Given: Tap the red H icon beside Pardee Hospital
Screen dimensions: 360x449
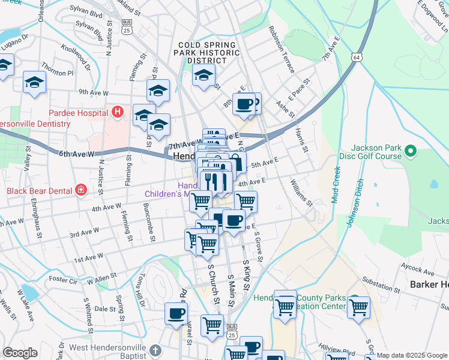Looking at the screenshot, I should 117,112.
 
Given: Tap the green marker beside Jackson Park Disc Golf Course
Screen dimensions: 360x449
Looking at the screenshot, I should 411,150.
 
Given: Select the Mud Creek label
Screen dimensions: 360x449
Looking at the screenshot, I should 336,185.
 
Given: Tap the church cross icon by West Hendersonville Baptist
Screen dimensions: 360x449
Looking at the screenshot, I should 155,350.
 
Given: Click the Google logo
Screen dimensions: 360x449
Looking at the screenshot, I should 20,353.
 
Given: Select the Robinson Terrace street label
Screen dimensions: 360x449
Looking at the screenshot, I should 281,49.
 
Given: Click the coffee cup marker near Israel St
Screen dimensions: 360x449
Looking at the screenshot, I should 176,313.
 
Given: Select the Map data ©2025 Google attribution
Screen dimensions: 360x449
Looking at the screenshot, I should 412,355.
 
